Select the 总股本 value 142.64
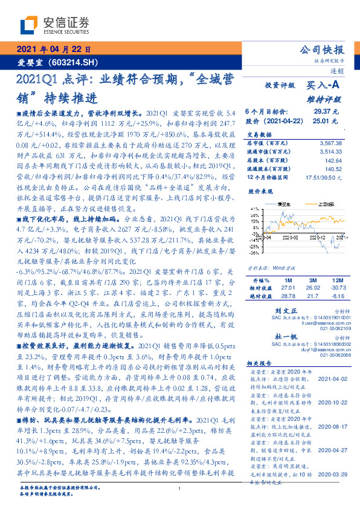point(333,161)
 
